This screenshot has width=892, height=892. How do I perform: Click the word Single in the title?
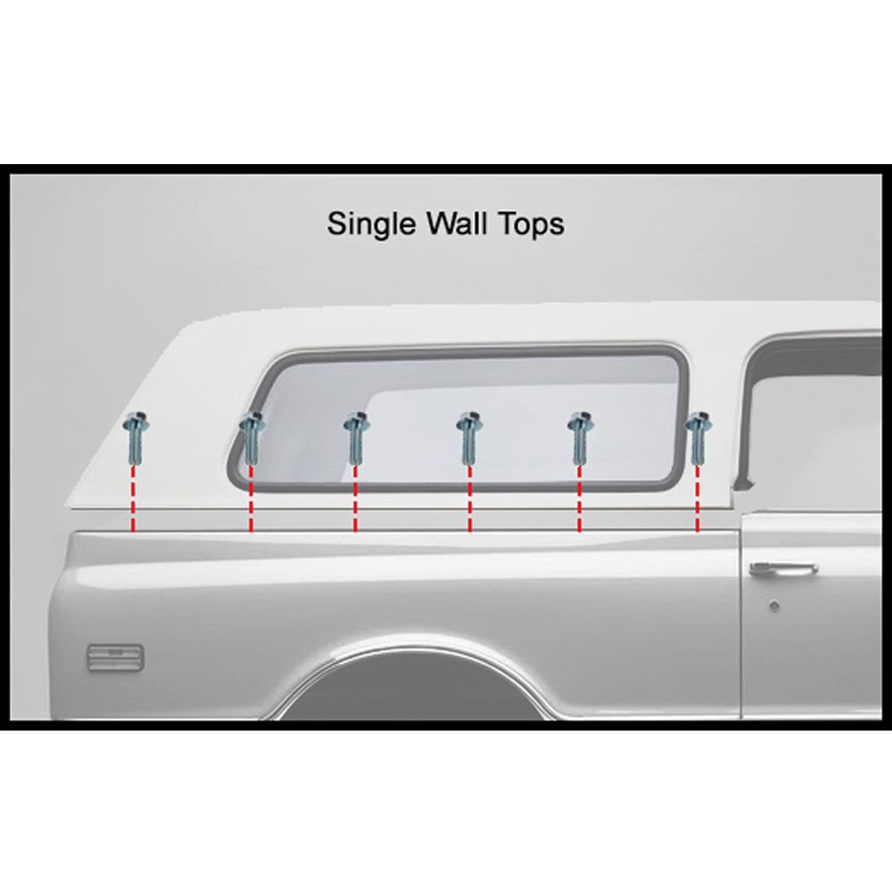coord(371,224)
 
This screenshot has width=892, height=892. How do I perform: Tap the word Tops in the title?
coord(532,224)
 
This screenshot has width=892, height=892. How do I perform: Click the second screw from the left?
coord(251,437)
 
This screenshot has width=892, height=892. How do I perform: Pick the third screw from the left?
coord(357,437)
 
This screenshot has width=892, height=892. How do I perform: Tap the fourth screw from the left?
coord(469,437)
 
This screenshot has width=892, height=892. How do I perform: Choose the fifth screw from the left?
coord(581,437)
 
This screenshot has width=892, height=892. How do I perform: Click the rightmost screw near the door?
coord(698,437)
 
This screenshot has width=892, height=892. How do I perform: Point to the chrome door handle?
coord(783,568)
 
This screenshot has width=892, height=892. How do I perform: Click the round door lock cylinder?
coord(773,607)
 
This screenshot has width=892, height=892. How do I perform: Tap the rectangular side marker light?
coord(115,657)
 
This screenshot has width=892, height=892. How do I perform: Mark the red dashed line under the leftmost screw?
coord(133,499)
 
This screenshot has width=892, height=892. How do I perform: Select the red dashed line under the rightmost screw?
coord(698,499)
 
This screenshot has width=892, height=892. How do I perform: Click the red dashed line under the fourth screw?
coord(469,499)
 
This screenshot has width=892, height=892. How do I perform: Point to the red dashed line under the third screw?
coord(355,499)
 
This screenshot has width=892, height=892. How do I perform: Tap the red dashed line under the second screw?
coord(251,499)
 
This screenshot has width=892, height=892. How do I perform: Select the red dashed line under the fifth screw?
coord(579,499)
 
